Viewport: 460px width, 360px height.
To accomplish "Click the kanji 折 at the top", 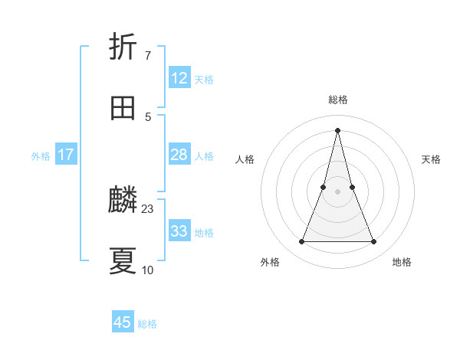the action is (123, 47).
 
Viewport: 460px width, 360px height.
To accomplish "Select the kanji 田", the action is (123, 108).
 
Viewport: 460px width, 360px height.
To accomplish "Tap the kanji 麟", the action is (123, 201).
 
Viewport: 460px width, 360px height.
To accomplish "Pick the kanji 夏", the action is (123, 261).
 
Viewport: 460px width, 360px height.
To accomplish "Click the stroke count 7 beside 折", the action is (147, 55).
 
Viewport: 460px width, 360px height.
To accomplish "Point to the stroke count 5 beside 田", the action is (147, 116).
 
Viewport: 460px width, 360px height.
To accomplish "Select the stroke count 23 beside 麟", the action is (148, 208).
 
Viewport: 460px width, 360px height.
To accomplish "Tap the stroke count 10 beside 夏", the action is (148, 270).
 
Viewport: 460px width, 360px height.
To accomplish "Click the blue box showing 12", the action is (179, 78).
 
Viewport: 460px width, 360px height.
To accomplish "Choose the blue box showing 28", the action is (179, 155).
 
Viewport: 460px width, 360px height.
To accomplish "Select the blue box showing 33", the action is (179, 231).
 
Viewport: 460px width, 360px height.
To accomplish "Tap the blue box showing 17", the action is (66, 155).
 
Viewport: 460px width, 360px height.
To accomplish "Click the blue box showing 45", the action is (123, 322).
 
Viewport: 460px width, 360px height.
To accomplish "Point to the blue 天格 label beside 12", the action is (204, 80).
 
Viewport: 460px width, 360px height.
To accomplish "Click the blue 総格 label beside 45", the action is (147, 324).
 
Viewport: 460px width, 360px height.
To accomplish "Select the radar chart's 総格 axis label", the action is (338, 100).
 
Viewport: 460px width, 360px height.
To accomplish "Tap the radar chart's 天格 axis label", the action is (432, 159).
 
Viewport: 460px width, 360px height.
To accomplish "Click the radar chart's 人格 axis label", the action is (245, 159).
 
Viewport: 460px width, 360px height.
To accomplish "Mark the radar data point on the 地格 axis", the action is (374, 242).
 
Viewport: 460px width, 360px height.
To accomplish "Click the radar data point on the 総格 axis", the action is (338, 129).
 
